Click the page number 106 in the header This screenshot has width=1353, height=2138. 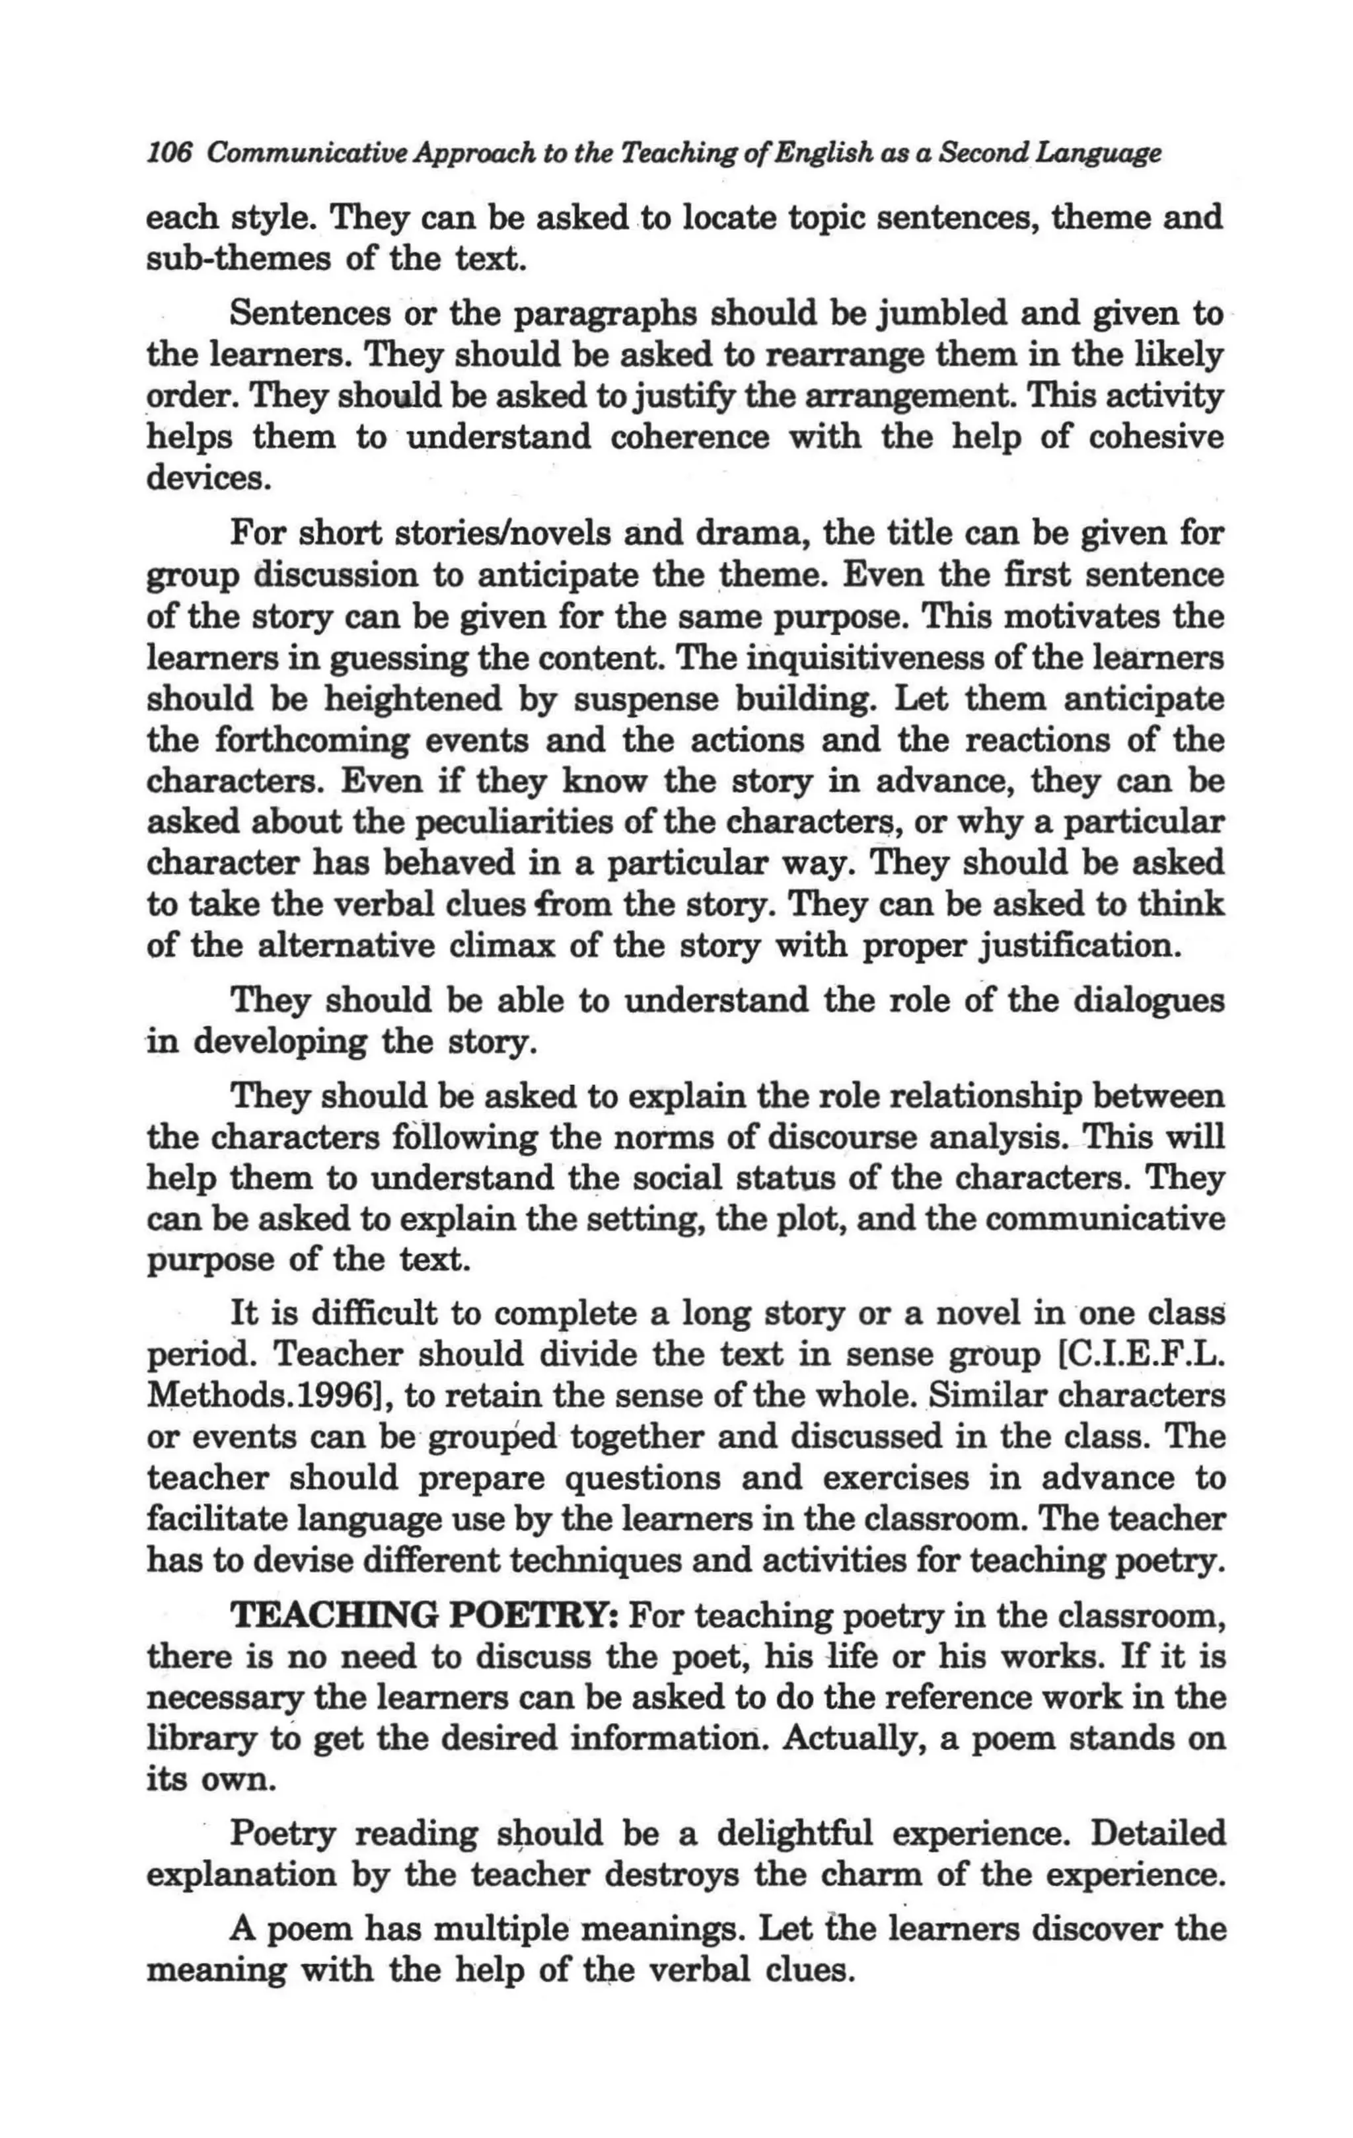pos(168,153)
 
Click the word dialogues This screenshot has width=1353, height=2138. pos(1150,1002)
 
